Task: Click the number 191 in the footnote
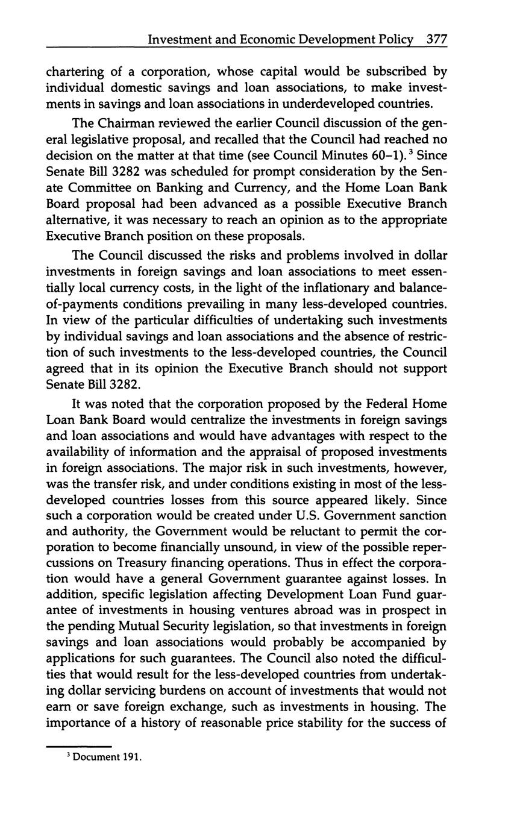[131, 757]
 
